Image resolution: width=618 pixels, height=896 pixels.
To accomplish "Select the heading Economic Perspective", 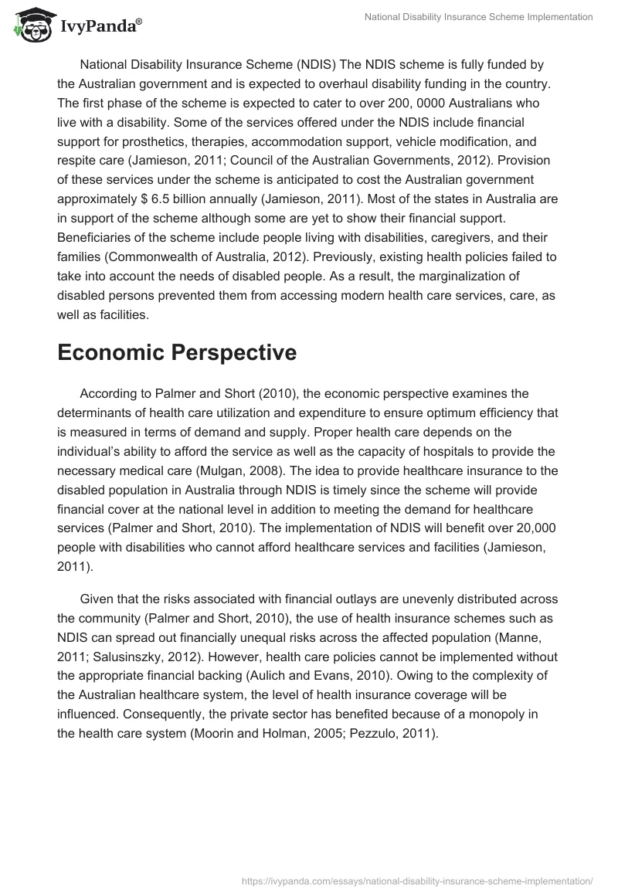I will [177, 351].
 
